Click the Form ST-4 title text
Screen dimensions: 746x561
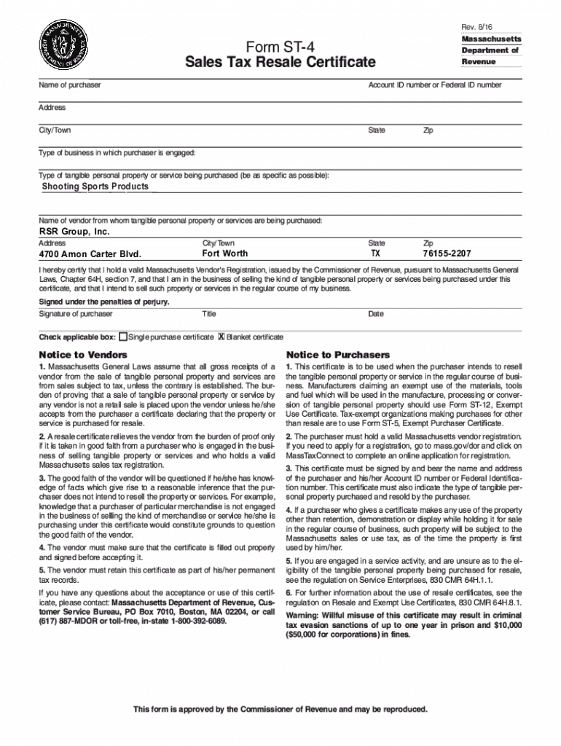pos(280,47)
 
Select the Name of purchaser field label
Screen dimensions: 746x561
pos(70,85)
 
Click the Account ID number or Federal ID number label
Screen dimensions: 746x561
pos(434,85)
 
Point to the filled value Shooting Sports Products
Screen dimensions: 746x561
pos(95,186)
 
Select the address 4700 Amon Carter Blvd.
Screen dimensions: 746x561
pos(90,254)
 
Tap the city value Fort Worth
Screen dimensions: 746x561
pos(224,254)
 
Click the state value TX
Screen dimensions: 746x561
pos(375,254)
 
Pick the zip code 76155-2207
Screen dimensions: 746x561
pos(447,254)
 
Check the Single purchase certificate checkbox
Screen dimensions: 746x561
pos(123,337)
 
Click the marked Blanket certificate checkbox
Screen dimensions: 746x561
pos(221,337)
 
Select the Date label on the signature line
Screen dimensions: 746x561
pos(376,314)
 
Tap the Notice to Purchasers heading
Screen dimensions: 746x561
pos(337,355)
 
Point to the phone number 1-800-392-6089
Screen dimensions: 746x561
pos(193,622)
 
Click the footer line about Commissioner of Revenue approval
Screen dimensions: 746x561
pos(280,709)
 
